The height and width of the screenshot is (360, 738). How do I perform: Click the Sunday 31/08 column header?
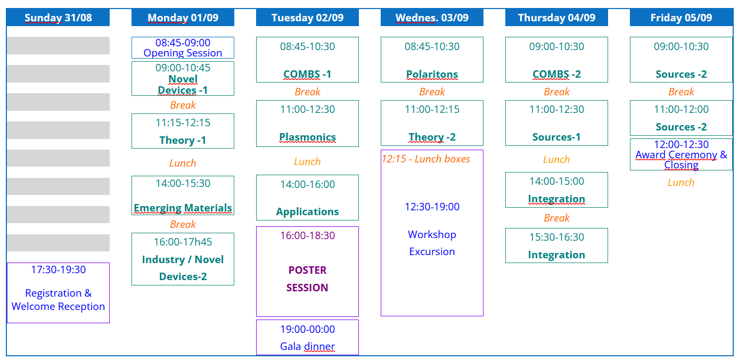click(58, 18)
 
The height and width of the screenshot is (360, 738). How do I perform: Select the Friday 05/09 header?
click(681, 18)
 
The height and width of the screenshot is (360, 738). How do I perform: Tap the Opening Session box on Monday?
click(183, 48)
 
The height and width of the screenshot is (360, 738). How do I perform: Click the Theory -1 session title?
click(183, 140)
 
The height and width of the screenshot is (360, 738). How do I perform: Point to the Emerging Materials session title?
click(183, 208)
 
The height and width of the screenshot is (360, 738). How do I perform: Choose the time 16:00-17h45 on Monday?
click(183, 242)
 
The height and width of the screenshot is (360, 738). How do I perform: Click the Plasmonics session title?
click(307, 137)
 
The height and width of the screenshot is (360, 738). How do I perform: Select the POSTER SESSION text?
click(307, 279)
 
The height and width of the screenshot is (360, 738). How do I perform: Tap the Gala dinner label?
click(307, 346)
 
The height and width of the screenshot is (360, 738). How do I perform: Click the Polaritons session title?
click(432, 75)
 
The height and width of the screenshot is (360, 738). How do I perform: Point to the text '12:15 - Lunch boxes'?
click(426, 159)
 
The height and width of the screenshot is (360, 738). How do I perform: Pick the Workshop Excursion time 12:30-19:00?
click(432, 207)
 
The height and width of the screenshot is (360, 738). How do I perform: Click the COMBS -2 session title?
click(556, 75)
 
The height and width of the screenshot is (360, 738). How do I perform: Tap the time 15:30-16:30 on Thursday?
click(556, 237)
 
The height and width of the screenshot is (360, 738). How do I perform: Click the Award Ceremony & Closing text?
click(681, 160)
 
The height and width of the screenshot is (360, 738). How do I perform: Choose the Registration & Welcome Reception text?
click(58, 300)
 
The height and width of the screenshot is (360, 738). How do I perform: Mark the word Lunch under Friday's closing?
click(681, 183)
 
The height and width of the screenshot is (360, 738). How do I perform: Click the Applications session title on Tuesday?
click(307, 211)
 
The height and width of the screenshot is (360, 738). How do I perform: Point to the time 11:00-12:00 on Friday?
click(681, 109)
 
